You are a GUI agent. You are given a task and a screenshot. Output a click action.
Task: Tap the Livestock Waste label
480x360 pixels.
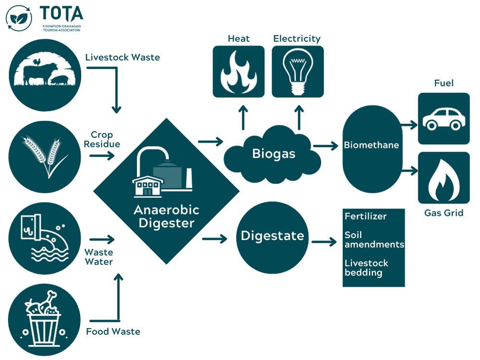(x=122, y=58)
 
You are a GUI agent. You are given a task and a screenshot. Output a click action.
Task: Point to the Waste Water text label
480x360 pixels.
(x=99, y=257)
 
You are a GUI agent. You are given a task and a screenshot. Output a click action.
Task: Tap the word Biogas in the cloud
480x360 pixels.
(x=274, y=154)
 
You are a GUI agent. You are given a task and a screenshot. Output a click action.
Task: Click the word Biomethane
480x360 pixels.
(x=372, y=145)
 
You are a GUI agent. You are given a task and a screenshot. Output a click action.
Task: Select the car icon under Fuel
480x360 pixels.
(x=444, y=119)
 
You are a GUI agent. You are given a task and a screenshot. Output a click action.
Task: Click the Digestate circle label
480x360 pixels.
(x=272, y=236)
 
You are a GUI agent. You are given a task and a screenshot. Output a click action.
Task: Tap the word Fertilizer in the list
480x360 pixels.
(x=366, y=216)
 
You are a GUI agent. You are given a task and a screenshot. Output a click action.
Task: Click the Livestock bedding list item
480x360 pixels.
(x=366, y=268)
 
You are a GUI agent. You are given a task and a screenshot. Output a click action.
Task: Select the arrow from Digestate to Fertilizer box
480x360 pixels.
(x=324, y=241)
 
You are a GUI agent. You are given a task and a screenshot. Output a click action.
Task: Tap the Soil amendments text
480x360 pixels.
(x=374, y=240)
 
